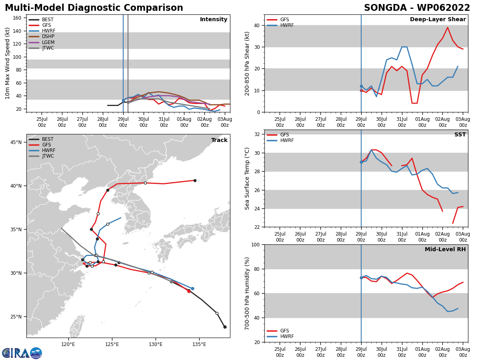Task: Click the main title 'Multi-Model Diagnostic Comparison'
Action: (94, 8)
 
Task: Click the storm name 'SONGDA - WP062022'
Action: (417, 8)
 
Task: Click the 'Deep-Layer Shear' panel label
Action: (438, 20)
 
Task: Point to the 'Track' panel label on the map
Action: (219, 140)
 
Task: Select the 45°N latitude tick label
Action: (16, 142)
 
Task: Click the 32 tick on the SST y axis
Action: (258, 134)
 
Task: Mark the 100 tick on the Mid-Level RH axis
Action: (256, 245)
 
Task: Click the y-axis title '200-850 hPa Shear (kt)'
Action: (248, 64)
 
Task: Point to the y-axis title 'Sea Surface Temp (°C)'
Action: (248, 178)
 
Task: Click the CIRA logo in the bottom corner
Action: (22, 353)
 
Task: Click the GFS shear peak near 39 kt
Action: (448, 28)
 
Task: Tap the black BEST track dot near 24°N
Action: (225, 327)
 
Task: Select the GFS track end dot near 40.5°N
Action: (195, 180)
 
